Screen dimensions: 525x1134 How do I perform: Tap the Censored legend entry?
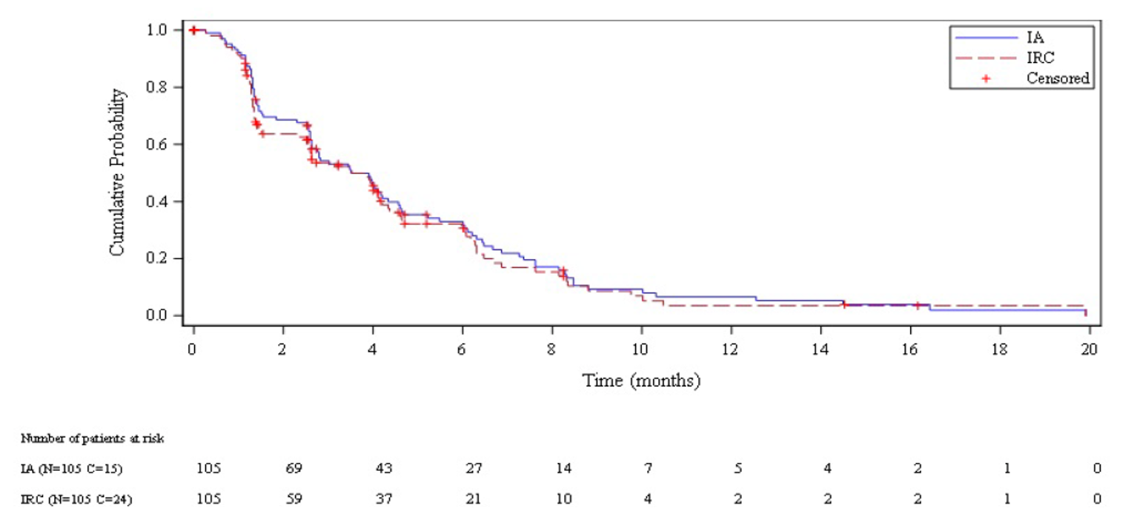tap(1058, 78)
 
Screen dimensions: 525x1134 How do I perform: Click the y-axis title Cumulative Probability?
tap(117, 173)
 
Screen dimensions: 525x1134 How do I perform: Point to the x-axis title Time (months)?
tap(641, 381)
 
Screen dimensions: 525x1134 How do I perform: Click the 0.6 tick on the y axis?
tap(162, 144)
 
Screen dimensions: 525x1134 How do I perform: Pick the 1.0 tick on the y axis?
tap(162, 30)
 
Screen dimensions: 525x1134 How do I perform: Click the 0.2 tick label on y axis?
tap(162, 259)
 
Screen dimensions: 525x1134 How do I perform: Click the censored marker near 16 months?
tap(917, 305)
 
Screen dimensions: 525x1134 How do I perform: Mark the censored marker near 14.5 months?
tap(843, 305)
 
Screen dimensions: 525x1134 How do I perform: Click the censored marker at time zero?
tap(193, 30)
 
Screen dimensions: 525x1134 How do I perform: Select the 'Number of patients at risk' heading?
tap(93, 438)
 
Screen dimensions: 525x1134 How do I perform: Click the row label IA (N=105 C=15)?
tap(72, 468)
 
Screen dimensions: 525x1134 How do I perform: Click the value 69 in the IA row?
tap(293, 468)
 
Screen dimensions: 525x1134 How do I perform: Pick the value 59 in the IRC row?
tap(293, 498)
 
